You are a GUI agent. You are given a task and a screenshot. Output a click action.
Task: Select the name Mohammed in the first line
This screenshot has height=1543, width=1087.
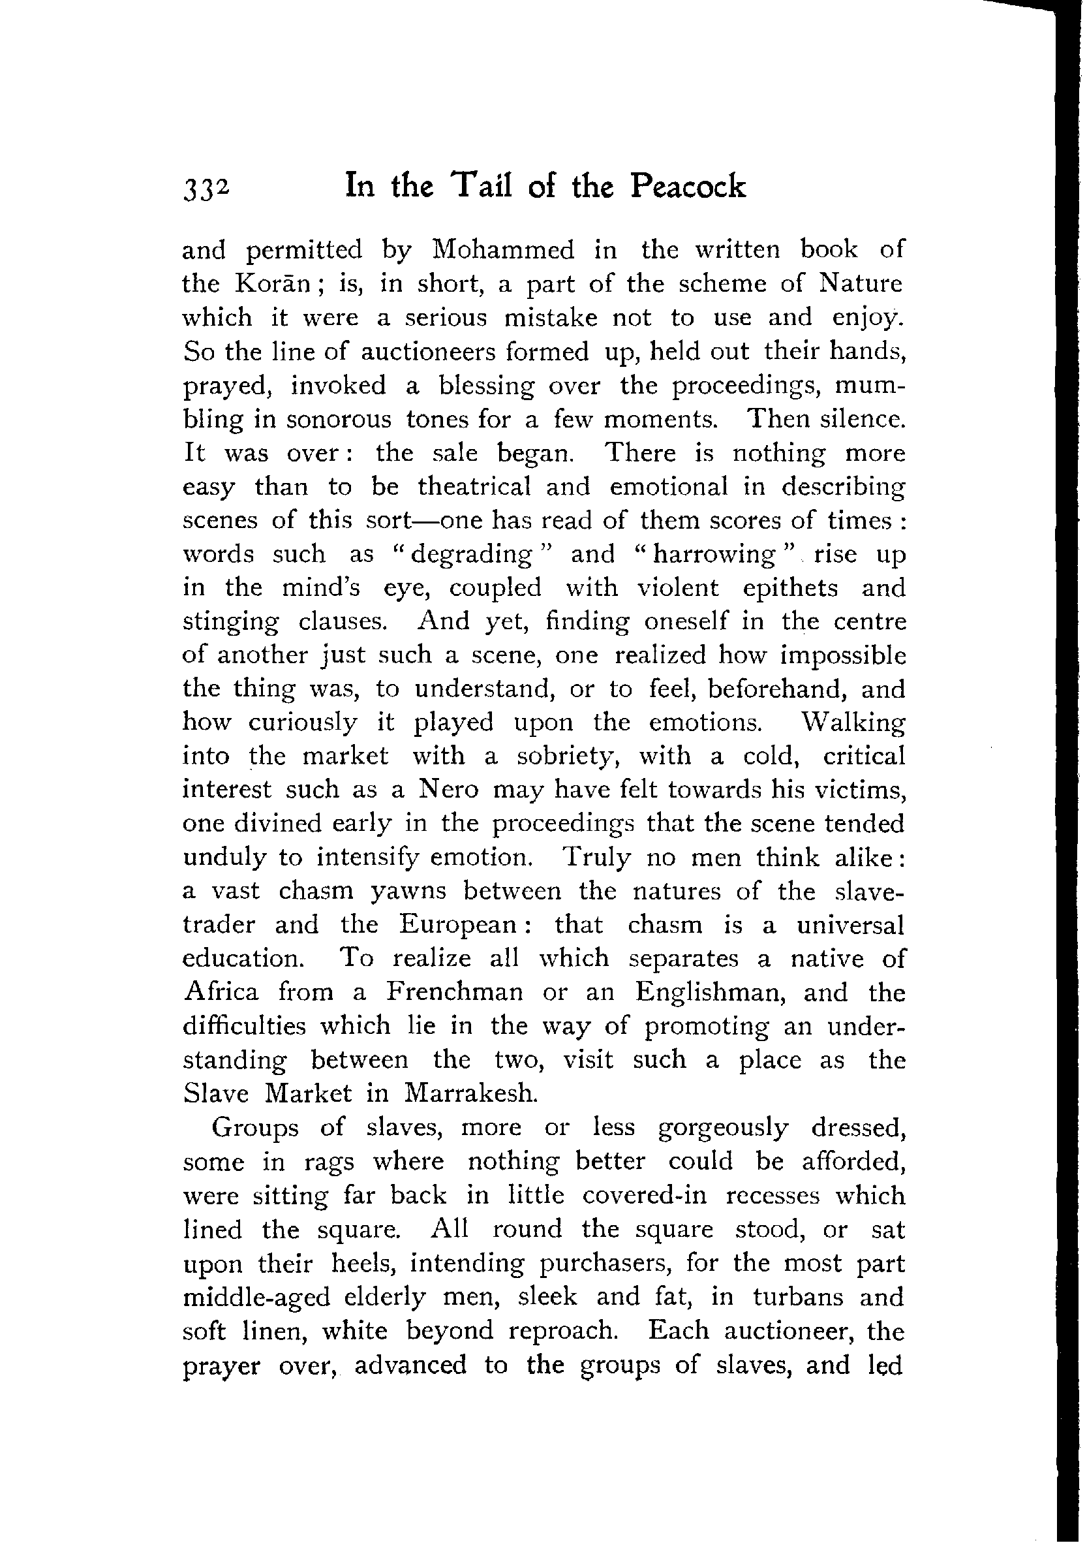[503, 250]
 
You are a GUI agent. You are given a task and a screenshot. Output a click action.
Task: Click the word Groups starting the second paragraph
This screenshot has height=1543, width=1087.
[254, 1129]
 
